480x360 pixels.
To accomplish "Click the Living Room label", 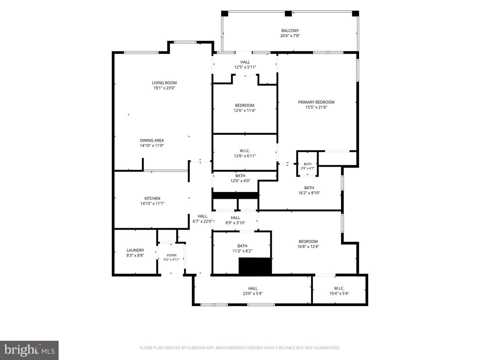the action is point(164,83).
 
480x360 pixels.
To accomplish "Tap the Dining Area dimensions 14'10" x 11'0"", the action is point(152,146).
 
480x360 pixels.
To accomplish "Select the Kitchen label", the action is point(152,198).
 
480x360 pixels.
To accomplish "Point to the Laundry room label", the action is point(135,250).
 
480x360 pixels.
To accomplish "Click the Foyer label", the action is point(172,255).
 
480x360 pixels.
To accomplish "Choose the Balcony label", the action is point(290,31).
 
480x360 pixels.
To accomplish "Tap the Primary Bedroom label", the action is point(316,102).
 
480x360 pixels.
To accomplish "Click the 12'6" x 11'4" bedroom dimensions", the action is point(245,111).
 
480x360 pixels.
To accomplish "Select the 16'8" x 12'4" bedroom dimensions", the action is point(308,247).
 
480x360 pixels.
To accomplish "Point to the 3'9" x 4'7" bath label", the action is point(307,164).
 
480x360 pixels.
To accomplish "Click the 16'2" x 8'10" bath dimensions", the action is point(309,193).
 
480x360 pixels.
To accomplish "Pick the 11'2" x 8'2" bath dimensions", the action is point(242,251).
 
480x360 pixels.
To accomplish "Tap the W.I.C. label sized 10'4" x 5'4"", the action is point(339,289).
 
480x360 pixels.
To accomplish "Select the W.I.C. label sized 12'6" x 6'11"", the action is point(245,151).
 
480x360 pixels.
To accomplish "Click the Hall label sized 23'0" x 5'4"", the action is point(253,289).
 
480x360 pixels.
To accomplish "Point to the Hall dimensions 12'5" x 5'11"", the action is point(245,67).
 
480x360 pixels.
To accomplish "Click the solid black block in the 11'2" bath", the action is point(255,266).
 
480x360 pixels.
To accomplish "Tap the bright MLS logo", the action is point(29,350).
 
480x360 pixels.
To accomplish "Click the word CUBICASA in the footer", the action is point(196,348).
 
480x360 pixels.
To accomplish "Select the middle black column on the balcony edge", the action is point(288,14).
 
